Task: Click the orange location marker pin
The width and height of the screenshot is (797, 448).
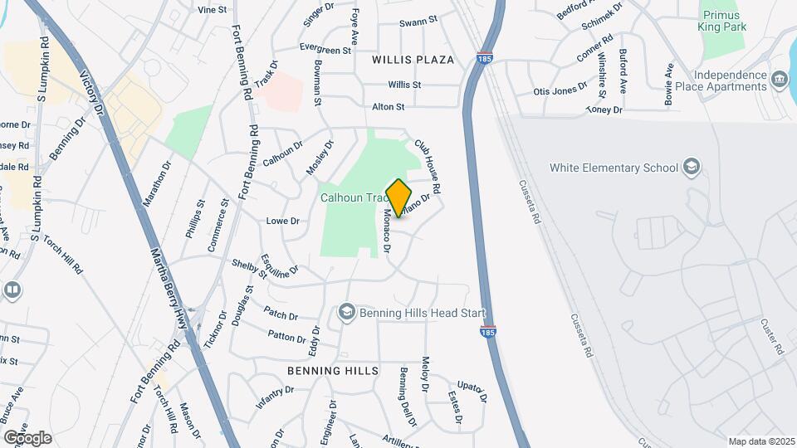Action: tap(399, 197)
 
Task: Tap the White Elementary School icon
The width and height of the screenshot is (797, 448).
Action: tap(691, 168)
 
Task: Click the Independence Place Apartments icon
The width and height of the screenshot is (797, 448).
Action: tap(779, 80)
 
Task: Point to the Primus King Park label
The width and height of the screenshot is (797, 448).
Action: tap(724, 21)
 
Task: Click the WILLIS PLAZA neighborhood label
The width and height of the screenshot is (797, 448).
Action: tap(413, 60)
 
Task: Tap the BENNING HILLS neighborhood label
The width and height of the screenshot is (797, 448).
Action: tap(333, 370)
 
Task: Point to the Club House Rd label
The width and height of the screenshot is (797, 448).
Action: tap(427, 166)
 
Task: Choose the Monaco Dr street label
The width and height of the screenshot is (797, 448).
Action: tap(386, 231)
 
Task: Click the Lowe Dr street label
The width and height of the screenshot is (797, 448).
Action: tap(282, 222)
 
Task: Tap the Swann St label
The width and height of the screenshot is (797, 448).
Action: tap(418, 22)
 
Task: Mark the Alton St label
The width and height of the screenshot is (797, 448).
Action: tap(388, 107)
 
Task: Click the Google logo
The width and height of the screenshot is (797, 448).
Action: tap(27, 437)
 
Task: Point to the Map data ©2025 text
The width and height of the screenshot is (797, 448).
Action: tap(760, 441)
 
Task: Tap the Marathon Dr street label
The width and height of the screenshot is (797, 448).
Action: tap(156, 183)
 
